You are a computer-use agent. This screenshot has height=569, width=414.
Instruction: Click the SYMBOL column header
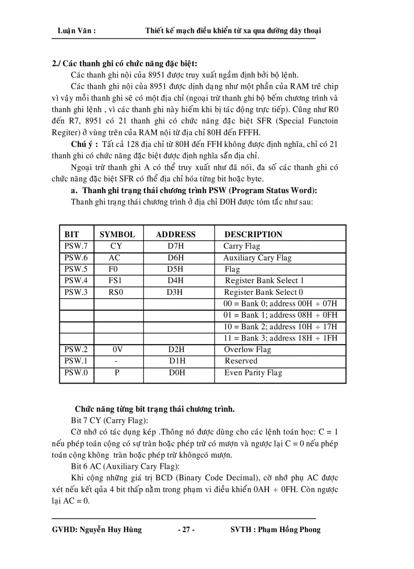pyautogui.click(x=117, y=235)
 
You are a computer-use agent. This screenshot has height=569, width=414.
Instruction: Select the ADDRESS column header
pyautogui.click(x=176, y=235)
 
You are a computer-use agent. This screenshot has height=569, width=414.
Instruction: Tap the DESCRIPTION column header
pyautogui.click(x=253, y=235)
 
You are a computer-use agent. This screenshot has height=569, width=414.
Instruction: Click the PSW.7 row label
pyautogui.click(x=76, y=246)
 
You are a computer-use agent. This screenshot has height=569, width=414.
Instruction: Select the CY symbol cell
pyautogui.click(x=116, y=246)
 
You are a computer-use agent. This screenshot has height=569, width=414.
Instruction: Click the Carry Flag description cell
pyautogui.click(x=241, y=246)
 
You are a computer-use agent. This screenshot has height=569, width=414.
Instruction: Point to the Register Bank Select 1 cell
pyautogui.click(x=264, y=281)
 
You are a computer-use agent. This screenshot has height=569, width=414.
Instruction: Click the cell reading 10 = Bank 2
pyautogui.click(x=280, y=327)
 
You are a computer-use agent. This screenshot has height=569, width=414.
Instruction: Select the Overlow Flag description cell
pyautogui.click(x=248, y=350)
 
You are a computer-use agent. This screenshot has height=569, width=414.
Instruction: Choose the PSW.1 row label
pyautogui.click(x=76, y=361)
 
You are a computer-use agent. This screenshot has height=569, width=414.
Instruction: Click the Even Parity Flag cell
pyautogui.click(x=253, y=373)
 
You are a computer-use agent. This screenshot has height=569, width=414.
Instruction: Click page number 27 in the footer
pyautogui.click(x=186, y=530)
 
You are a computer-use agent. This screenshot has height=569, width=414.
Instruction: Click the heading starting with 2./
pyautogui.click(x=125, y=64)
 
